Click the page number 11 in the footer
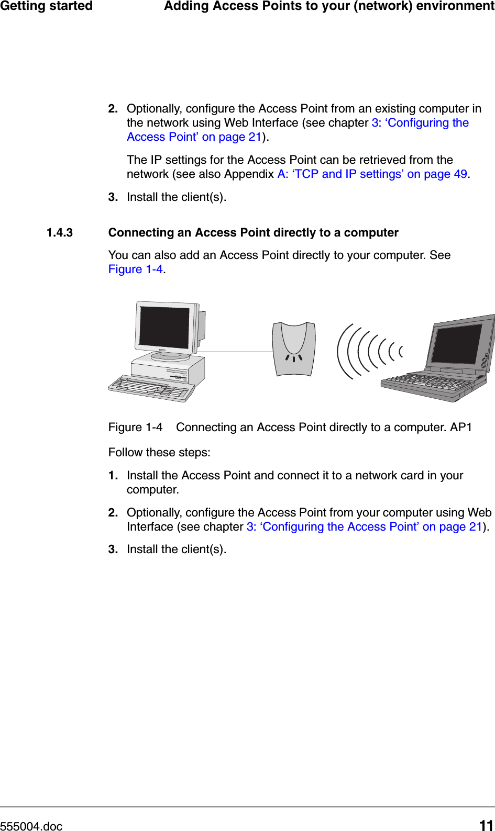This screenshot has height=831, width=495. coord(486,825)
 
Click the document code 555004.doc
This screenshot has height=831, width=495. coord(31,826)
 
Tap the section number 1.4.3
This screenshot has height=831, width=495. coord(60,232)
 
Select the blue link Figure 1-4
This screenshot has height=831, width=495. coord(135,269)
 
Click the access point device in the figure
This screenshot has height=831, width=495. coord(294,348)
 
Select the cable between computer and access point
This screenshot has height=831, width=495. coord(236,352)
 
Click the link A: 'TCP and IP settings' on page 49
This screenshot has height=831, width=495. coord(372,174)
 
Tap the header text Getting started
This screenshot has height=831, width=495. coord(46,6)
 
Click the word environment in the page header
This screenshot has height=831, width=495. coord(455,6)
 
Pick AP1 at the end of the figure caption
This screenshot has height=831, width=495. coord(461,428)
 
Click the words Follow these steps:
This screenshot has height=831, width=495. coord(159,453)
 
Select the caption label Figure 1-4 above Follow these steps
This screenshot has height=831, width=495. coord(135,428)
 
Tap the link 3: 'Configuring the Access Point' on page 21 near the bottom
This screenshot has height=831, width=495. coord(364,527)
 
